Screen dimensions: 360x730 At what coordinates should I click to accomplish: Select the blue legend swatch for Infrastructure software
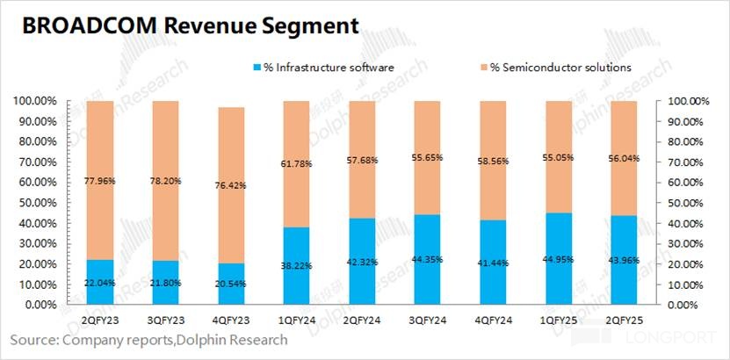pos(257,68)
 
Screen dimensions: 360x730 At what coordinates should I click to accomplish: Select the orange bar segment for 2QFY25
pos(625,154)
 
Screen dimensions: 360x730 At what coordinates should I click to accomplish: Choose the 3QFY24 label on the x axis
pos(429,322)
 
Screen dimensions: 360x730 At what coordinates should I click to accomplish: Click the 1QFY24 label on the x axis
pos(298,322)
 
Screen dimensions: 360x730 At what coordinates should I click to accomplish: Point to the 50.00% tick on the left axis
pos(36,204)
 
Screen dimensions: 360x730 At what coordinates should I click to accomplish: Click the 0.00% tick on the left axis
pos(40,306)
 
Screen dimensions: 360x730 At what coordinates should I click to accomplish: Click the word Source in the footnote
pos(36,339)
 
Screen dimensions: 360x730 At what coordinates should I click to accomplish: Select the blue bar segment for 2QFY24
pos(363,262)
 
